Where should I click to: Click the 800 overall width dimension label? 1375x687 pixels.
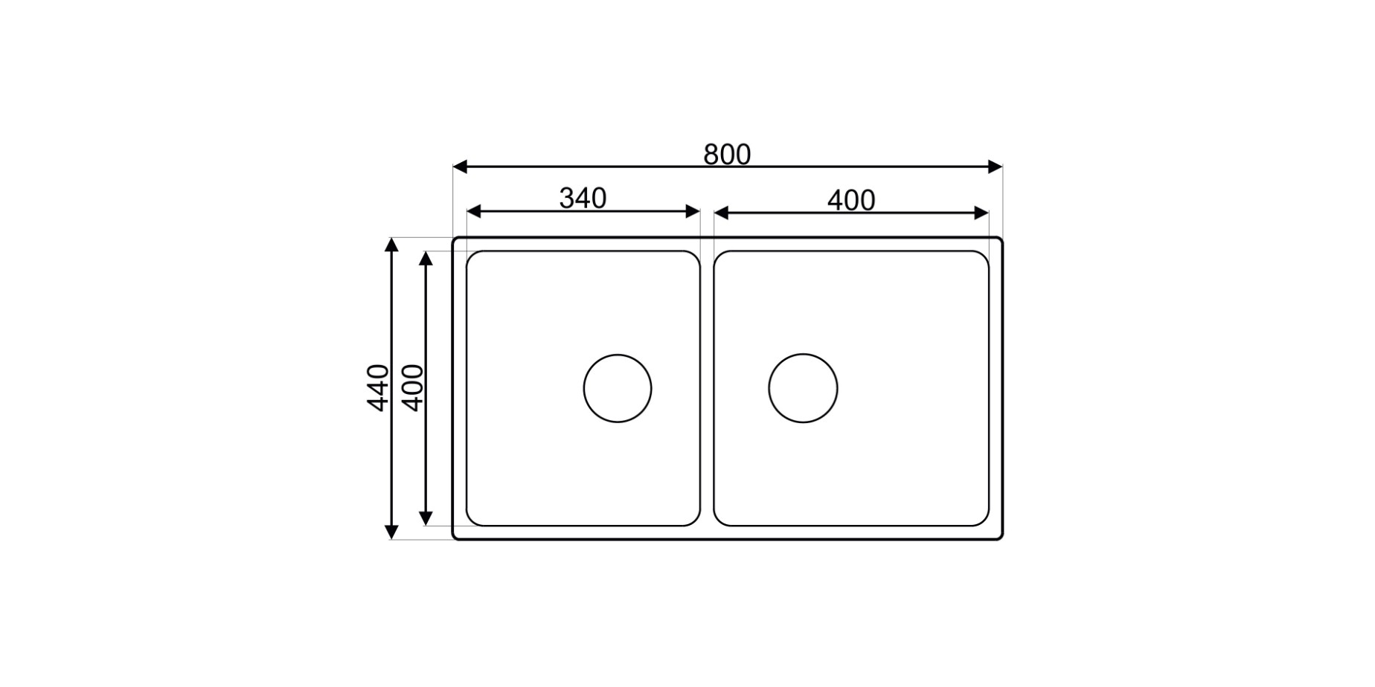[727, 155]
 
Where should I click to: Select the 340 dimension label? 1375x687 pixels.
[583, 199]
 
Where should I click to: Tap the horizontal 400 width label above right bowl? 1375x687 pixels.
[851, 201]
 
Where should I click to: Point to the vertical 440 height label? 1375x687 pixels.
[378, 387]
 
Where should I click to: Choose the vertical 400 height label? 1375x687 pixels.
[412, 387]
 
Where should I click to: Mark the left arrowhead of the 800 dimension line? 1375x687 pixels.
[460, 167]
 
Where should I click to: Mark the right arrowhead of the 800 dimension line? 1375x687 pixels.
[996, 167]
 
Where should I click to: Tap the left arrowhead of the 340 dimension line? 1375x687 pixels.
[473, 212]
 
